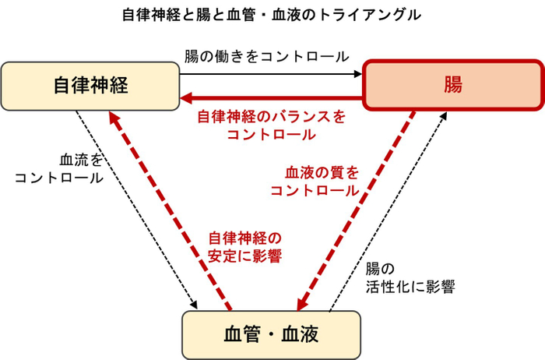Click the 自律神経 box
click(x=90, y=85)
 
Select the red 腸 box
click(x=452, y=85)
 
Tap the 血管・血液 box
click(x=271, y=334)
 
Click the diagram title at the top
click(x=272, y=15)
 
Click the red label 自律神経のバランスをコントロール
click(x=271, y=125)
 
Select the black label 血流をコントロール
click(x=61, y=168)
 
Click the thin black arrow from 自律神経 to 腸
click(x=272, y=75)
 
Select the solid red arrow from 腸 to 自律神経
click(x=272, y=99)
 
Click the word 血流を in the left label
click(x=81, y=160)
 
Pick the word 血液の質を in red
click(x=322, y=172)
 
